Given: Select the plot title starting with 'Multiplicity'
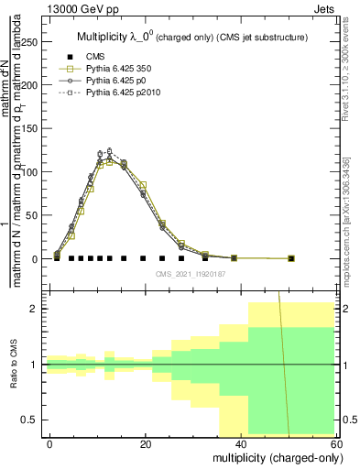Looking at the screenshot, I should [x=190, y=38].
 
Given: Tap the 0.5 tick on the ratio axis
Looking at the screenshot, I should [x=32, y=420].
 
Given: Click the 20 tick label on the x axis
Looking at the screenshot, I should [x=146, y=443].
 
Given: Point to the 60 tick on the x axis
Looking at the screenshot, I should [x=334, y=443].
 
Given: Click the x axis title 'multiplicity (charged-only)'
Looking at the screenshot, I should [x=273, y=457].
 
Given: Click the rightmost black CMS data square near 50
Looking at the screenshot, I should [x=291, y=258].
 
